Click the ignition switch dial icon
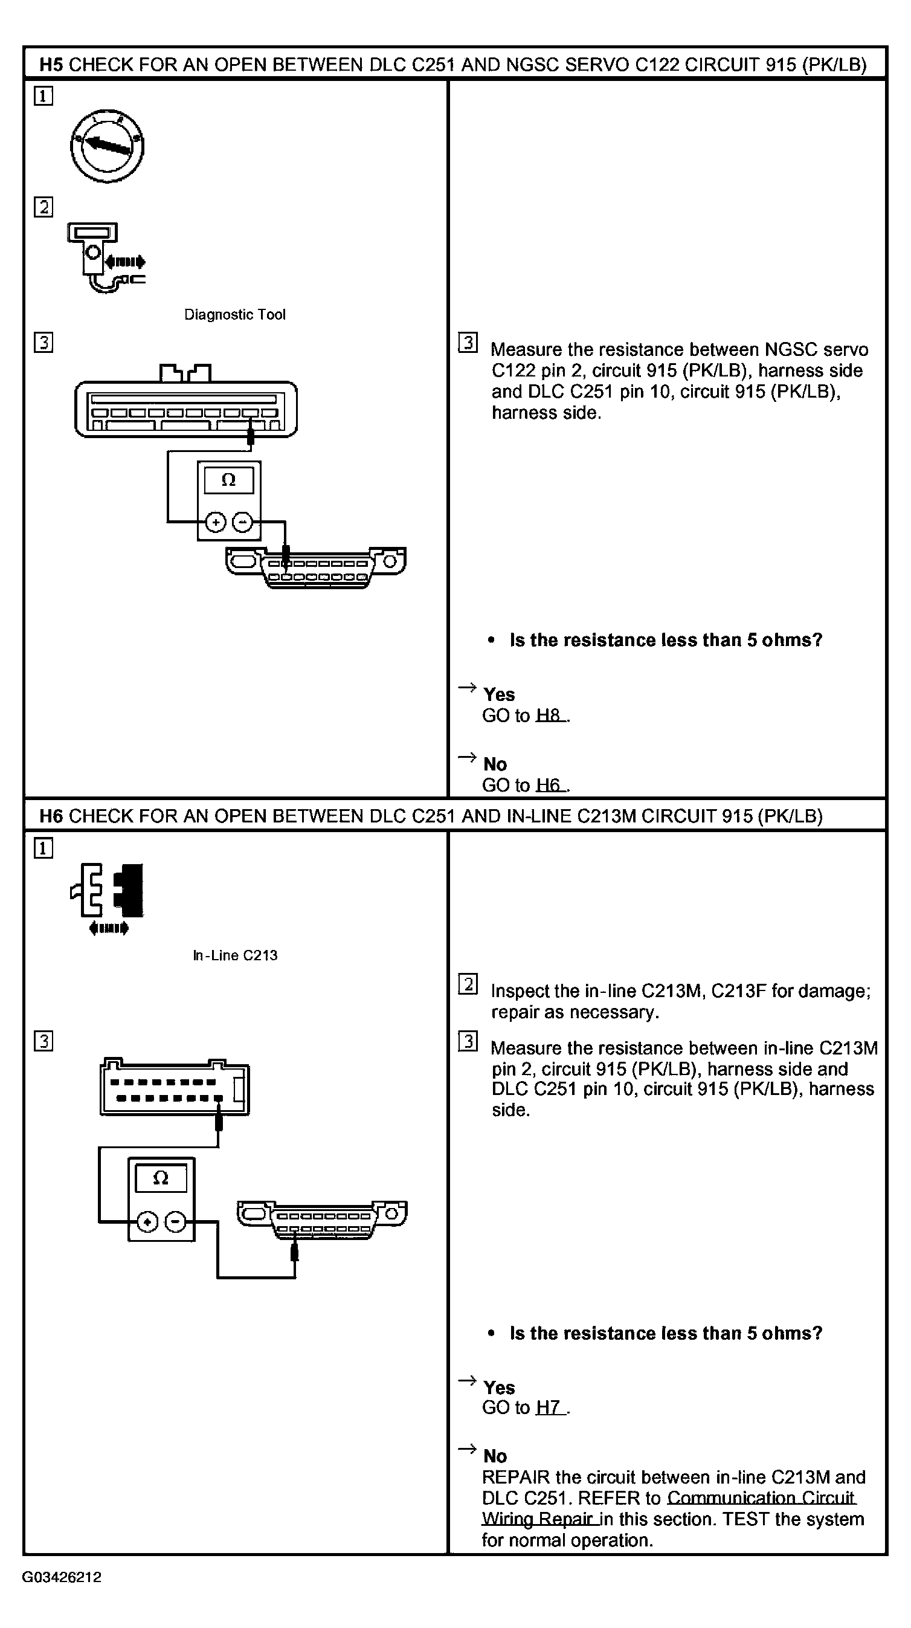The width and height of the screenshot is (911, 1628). tap(107, 147)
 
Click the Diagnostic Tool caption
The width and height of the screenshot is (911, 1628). tap(234, 315)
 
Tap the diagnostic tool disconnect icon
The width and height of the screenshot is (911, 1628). tap(106, 257)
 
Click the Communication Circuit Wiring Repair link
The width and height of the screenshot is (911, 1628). tap(668, 1508)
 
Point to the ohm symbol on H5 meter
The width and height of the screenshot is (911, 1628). tap(229, 480)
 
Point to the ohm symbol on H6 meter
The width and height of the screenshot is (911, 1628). tap(161, 1178)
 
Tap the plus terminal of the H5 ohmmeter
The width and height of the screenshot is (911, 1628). tap(216, 523)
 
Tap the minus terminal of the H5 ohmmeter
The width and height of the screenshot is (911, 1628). tap(243, 523)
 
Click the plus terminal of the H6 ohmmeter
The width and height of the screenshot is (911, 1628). tap(147, 1223)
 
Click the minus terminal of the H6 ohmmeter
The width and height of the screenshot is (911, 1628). tap(175, 1223)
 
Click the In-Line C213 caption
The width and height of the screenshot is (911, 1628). tap(235, 955)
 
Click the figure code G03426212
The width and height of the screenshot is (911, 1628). tap(61, 1577)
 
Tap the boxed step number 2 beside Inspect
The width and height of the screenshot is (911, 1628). tap(468, 984)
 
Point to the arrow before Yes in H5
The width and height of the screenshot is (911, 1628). tap(467, 687)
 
